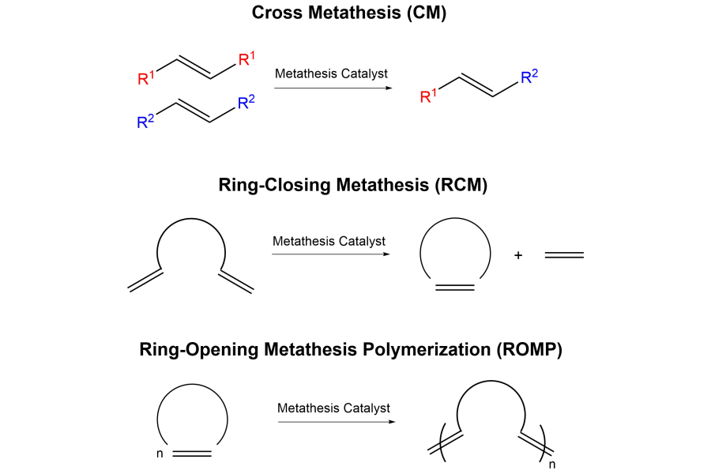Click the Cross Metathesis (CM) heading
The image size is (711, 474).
(348, 13)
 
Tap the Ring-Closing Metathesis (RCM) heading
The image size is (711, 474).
(353, 185)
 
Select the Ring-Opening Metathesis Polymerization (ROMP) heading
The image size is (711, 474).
(351, 350)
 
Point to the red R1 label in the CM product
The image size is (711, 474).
(428, 96)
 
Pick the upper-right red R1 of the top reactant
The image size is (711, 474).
(246, 58)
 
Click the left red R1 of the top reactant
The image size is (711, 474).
(145, 77)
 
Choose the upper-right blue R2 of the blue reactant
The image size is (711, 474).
(246, 102)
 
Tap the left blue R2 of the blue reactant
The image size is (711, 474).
(145, 121)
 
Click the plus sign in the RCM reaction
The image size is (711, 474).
(518, 255)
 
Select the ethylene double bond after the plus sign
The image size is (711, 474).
(564, 255)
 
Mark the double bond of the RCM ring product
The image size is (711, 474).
(455, 288)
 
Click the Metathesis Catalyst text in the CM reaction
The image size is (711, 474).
(331, 73)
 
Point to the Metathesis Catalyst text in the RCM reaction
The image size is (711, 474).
(329, 241)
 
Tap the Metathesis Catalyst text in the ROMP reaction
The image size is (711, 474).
(333, 408)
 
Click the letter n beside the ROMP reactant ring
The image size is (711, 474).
(160, 453)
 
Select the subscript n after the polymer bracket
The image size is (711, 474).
(552, 465)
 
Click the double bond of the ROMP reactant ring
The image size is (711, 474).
(192, 453)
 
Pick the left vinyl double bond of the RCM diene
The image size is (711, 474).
(145, 280)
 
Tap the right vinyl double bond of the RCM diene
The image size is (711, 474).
(236, 282)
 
